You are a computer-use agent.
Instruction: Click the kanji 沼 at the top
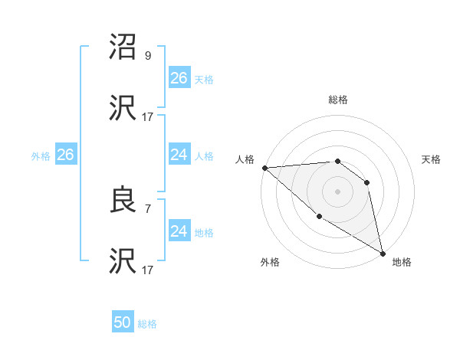point(124,49)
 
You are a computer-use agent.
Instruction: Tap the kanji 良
point(124,201)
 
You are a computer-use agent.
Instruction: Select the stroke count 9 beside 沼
point(148,55)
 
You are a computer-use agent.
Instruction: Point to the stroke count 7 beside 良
point(148,207)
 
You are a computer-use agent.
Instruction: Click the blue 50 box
point(123,322)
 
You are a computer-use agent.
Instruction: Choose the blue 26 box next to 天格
point(179,78)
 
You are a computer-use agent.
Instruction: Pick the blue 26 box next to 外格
point(65,155)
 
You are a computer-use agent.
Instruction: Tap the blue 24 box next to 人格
point(179,155)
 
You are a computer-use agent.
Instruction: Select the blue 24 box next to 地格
point(179,231)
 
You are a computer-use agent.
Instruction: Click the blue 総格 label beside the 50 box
point(147,324)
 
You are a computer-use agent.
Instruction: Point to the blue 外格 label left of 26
point(41,155)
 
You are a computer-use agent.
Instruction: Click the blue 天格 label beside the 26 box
point(204,79)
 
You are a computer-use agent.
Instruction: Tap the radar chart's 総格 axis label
point(338,100)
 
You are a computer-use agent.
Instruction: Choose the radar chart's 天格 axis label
point(431,159)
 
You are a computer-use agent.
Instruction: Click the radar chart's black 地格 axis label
point(402,262)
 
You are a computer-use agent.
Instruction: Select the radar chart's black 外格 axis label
point(270,262)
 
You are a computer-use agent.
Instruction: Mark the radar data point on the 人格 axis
point(264,168)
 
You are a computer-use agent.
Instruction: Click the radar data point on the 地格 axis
point(383,253)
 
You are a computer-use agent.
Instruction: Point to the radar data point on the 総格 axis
point(337,162)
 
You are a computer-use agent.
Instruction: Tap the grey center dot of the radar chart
point(337,191)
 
